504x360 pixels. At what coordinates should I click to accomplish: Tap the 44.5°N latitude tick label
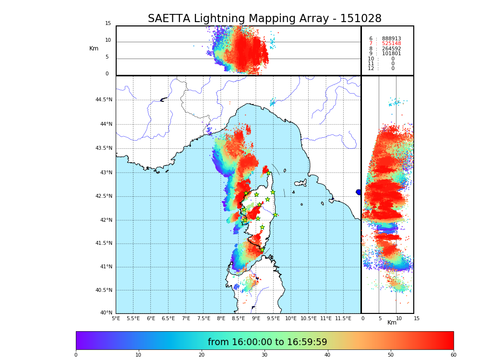pos(104,100)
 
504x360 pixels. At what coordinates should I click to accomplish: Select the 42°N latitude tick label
pos(106,220)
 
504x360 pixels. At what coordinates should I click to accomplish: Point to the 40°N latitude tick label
pos(106,313)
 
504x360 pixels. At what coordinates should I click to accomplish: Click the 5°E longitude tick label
pos(116,318)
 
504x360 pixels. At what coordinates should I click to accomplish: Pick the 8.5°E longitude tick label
pos(239,318)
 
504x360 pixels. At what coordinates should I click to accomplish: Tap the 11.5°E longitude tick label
pos(343,318)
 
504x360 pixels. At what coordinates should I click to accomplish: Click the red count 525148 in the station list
pos(391,44)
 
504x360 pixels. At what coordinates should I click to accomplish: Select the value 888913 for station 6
pos(391,39)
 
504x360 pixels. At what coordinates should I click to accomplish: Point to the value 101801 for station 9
pos(391,54)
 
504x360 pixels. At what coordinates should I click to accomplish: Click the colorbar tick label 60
pos(453,355)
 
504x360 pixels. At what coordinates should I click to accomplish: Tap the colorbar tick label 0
pos(76,355)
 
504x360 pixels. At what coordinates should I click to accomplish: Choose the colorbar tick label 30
pos(264,355)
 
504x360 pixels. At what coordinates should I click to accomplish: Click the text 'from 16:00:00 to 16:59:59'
pos(267,342)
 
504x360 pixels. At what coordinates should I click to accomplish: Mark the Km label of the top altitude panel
pos(94,48)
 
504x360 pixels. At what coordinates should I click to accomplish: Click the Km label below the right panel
pos(392,323)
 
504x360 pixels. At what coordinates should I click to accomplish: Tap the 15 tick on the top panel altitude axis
pos(108,24)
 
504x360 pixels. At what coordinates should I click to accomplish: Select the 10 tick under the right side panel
pos(396,318)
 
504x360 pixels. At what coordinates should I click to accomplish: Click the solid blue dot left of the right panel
pos(359,192)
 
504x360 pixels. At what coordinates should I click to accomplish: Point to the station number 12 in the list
pos(371,69)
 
